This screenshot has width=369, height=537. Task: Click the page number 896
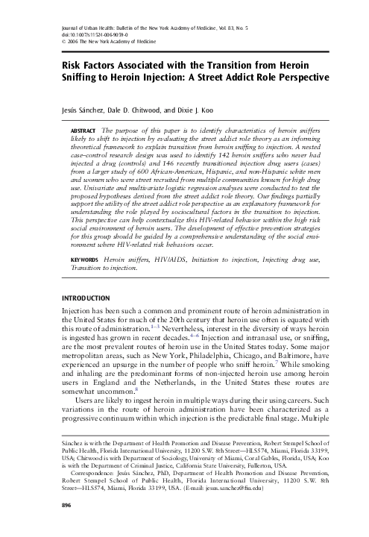coord(52,526)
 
